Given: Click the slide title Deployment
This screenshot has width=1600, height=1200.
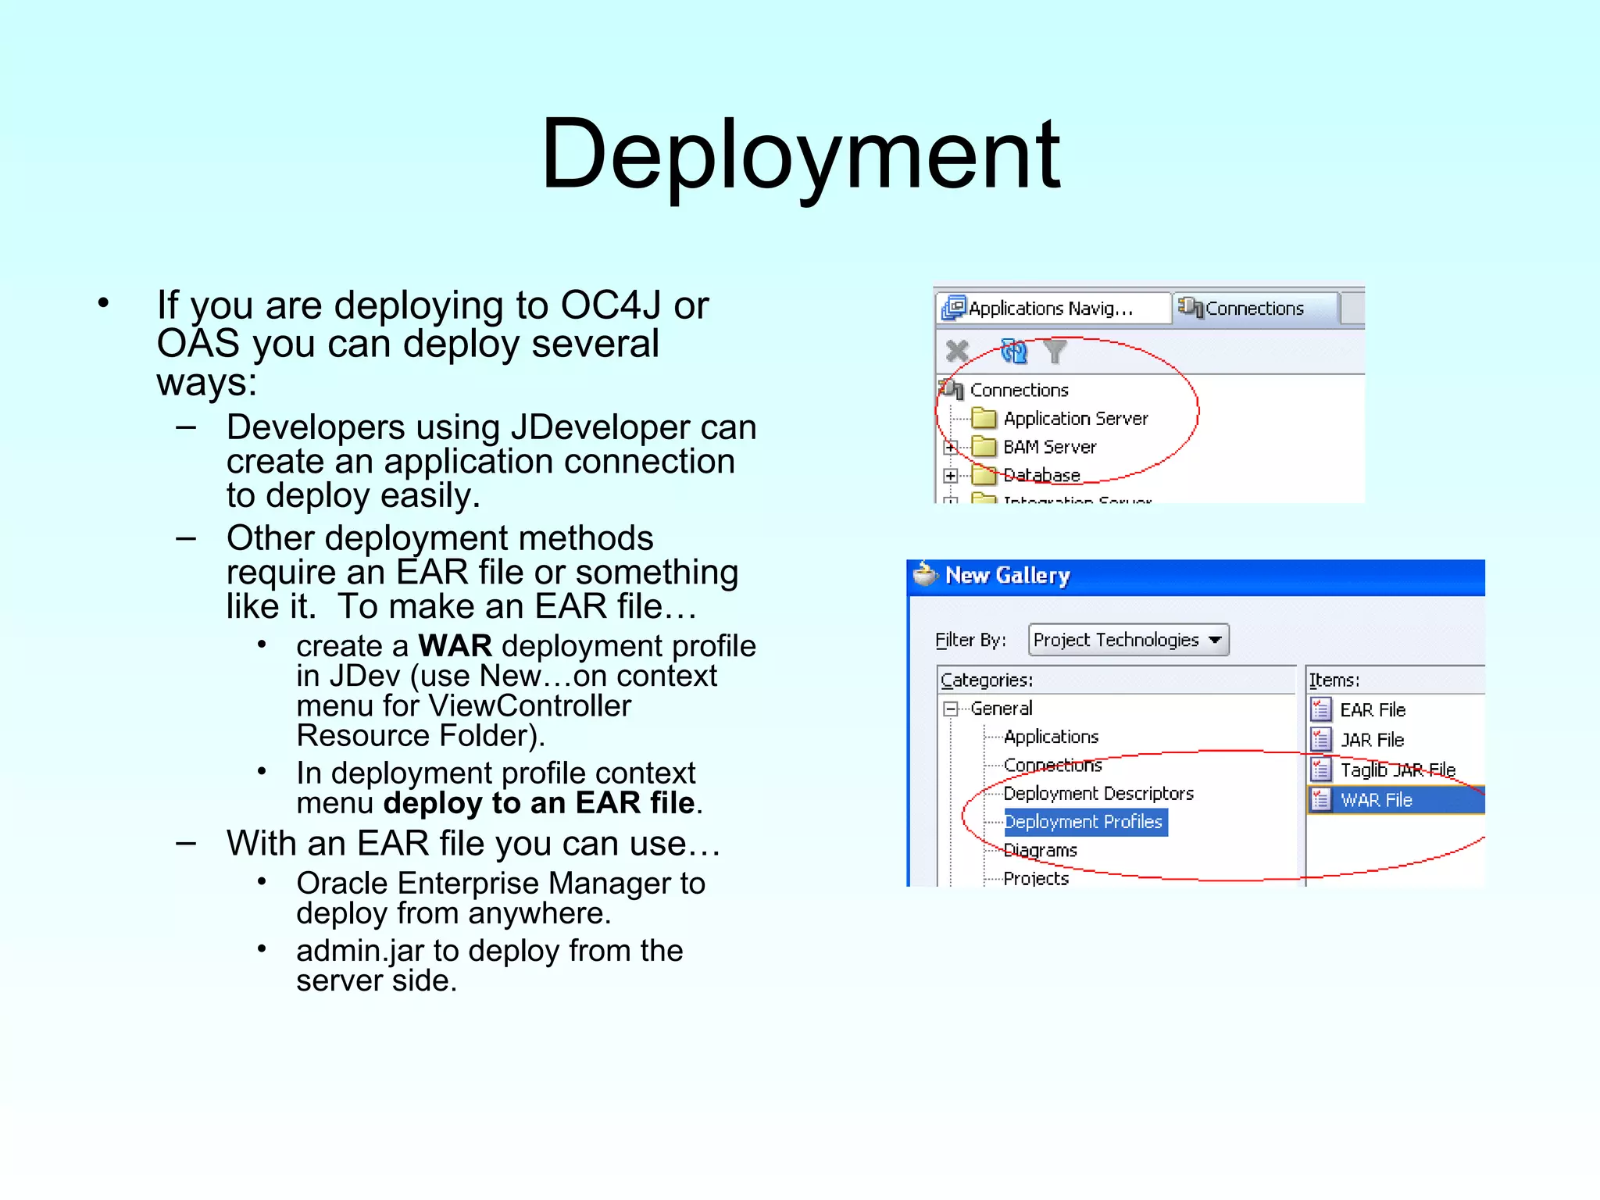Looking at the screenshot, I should click(800, 154).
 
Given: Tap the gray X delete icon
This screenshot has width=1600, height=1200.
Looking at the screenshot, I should click(957, 351).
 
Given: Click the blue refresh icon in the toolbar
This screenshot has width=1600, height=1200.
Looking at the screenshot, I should click(1014, 352).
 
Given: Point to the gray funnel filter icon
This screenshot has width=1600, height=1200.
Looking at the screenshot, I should click(1055, 352).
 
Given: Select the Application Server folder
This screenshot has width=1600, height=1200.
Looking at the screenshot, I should click(1075, 419).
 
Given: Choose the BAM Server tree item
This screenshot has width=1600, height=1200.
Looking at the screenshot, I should click(1049, 447).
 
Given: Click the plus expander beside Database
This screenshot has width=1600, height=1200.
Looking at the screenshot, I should click(950, 475).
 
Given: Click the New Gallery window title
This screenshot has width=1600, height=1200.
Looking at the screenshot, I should click(1007, 576).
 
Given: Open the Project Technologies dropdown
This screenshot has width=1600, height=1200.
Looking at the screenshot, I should click(1128, 640).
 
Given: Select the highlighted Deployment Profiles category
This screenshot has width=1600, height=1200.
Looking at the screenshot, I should click(1084, 822).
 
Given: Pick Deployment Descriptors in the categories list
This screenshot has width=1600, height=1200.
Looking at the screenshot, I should click(1098, 794).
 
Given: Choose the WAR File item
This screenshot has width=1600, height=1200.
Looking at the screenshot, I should click(1376, 800).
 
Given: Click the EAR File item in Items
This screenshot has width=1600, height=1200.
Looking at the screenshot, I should click(1372, 710).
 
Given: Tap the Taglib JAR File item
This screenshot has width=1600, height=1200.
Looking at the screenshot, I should click(1397, 770).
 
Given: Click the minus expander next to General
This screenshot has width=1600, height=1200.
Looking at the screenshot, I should click(951, 709).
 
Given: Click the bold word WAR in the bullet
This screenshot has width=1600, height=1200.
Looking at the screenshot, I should click(455, 646).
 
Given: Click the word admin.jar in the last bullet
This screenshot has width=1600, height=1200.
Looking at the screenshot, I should click(360, 951).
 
